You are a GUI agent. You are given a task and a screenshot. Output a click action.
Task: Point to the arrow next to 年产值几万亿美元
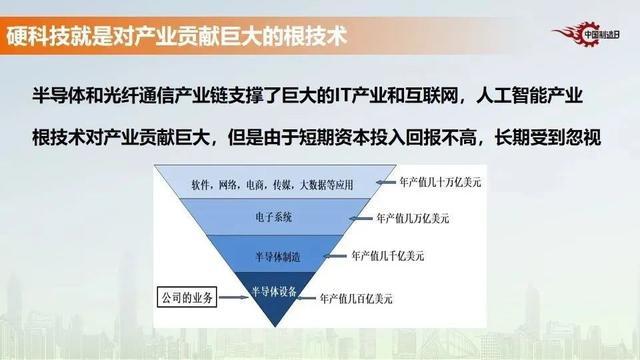pos(365,216)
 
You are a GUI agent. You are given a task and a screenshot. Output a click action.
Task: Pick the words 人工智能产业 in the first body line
pos(547,93)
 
